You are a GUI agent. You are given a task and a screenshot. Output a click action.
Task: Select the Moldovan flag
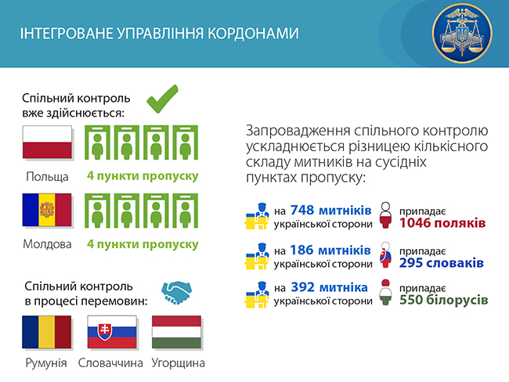click(x=47, y=209)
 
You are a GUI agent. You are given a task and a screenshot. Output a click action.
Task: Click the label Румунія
click(x=46, y=363)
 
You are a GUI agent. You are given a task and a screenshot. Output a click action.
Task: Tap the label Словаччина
click(x=112, y=363)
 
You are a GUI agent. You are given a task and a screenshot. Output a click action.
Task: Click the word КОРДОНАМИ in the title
click(x=247, y=34)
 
